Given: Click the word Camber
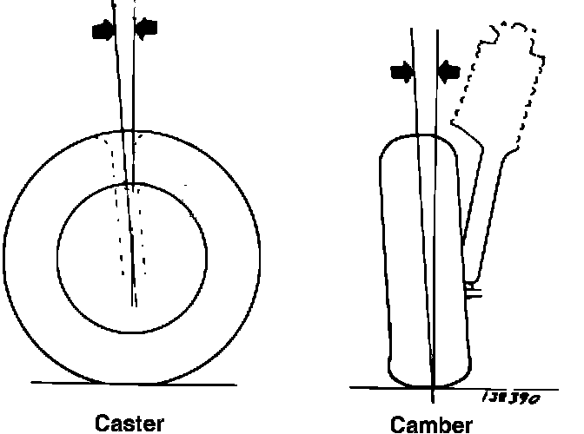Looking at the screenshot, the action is coord(432,425).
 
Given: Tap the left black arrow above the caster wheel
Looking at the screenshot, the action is coord(103,30).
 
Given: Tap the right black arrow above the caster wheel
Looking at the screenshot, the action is coord(148,29).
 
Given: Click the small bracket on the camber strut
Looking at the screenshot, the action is coord(473,290).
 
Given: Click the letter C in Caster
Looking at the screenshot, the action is coord(101,424).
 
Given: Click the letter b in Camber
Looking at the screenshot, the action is coord(444,425).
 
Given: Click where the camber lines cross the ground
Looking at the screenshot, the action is coord(432,388).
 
